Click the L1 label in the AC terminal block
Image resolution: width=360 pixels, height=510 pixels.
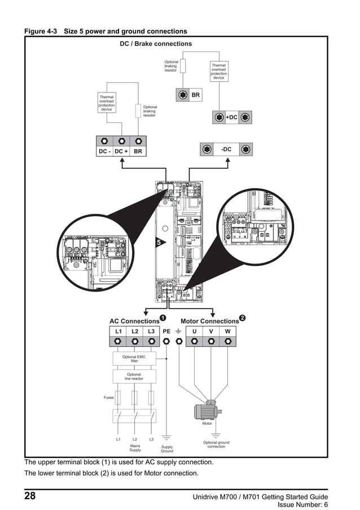[118, 331]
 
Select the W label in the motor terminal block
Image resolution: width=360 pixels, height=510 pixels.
[227, 331]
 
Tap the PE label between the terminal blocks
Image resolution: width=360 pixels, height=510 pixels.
[166, 331]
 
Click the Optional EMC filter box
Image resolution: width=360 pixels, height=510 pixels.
[134, 359]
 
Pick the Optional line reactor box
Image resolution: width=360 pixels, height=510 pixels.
[134, 376]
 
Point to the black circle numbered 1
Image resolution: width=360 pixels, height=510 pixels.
[163, 318]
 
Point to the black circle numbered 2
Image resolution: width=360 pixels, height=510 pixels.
[242, 318]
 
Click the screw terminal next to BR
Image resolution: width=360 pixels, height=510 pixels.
[183, 95]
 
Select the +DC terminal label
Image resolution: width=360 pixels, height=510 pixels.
[231, 117]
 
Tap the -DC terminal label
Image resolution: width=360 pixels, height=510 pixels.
[226, 149]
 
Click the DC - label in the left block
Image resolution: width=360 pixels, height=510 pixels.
[104, 152]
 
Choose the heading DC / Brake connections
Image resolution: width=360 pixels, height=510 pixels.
[156, 43]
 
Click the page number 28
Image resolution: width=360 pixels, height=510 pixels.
[30, 496]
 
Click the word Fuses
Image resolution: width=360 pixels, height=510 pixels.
[108, 398]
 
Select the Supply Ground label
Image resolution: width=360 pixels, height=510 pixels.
[167, 449]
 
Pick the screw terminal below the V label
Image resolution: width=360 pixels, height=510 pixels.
[211, 341]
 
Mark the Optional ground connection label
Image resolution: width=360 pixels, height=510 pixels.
[216, 445]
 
